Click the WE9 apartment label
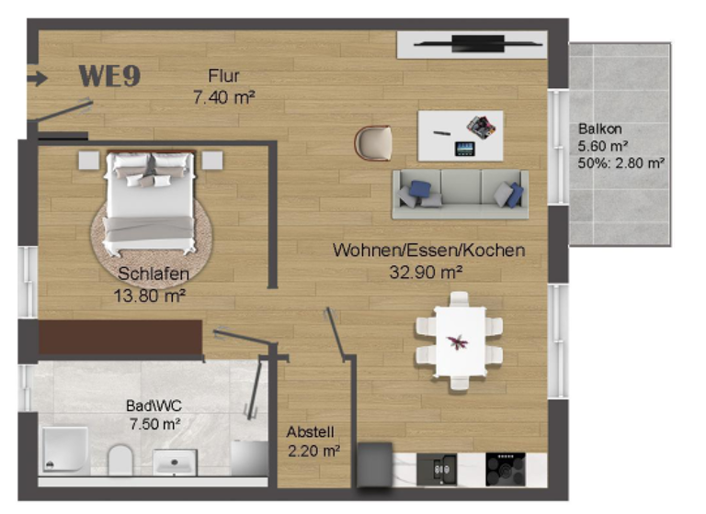pyautogui.click(x=109, y=76)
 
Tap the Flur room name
pyautogui.click(x=223, y=75)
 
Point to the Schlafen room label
pyautogui.click(x=154, y=274)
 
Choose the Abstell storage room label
pyautogui.click(x=310, y=432)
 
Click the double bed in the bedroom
pyautogui.click(x=149, y=203)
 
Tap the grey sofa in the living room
pyautogui.click(x=460, y=194)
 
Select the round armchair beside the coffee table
pyautogui.click(x=374, y=142)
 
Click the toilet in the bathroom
pyautogui.click(x=120, y=460)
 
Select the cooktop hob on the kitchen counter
pyautogui.click(x=505, y=467)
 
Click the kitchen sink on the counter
pyautogui.click(x=438, y=468)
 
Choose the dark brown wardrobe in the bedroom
pyautogui.click(x=120, y=337)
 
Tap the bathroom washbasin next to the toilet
pyautogui.click(x=176, y=461)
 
